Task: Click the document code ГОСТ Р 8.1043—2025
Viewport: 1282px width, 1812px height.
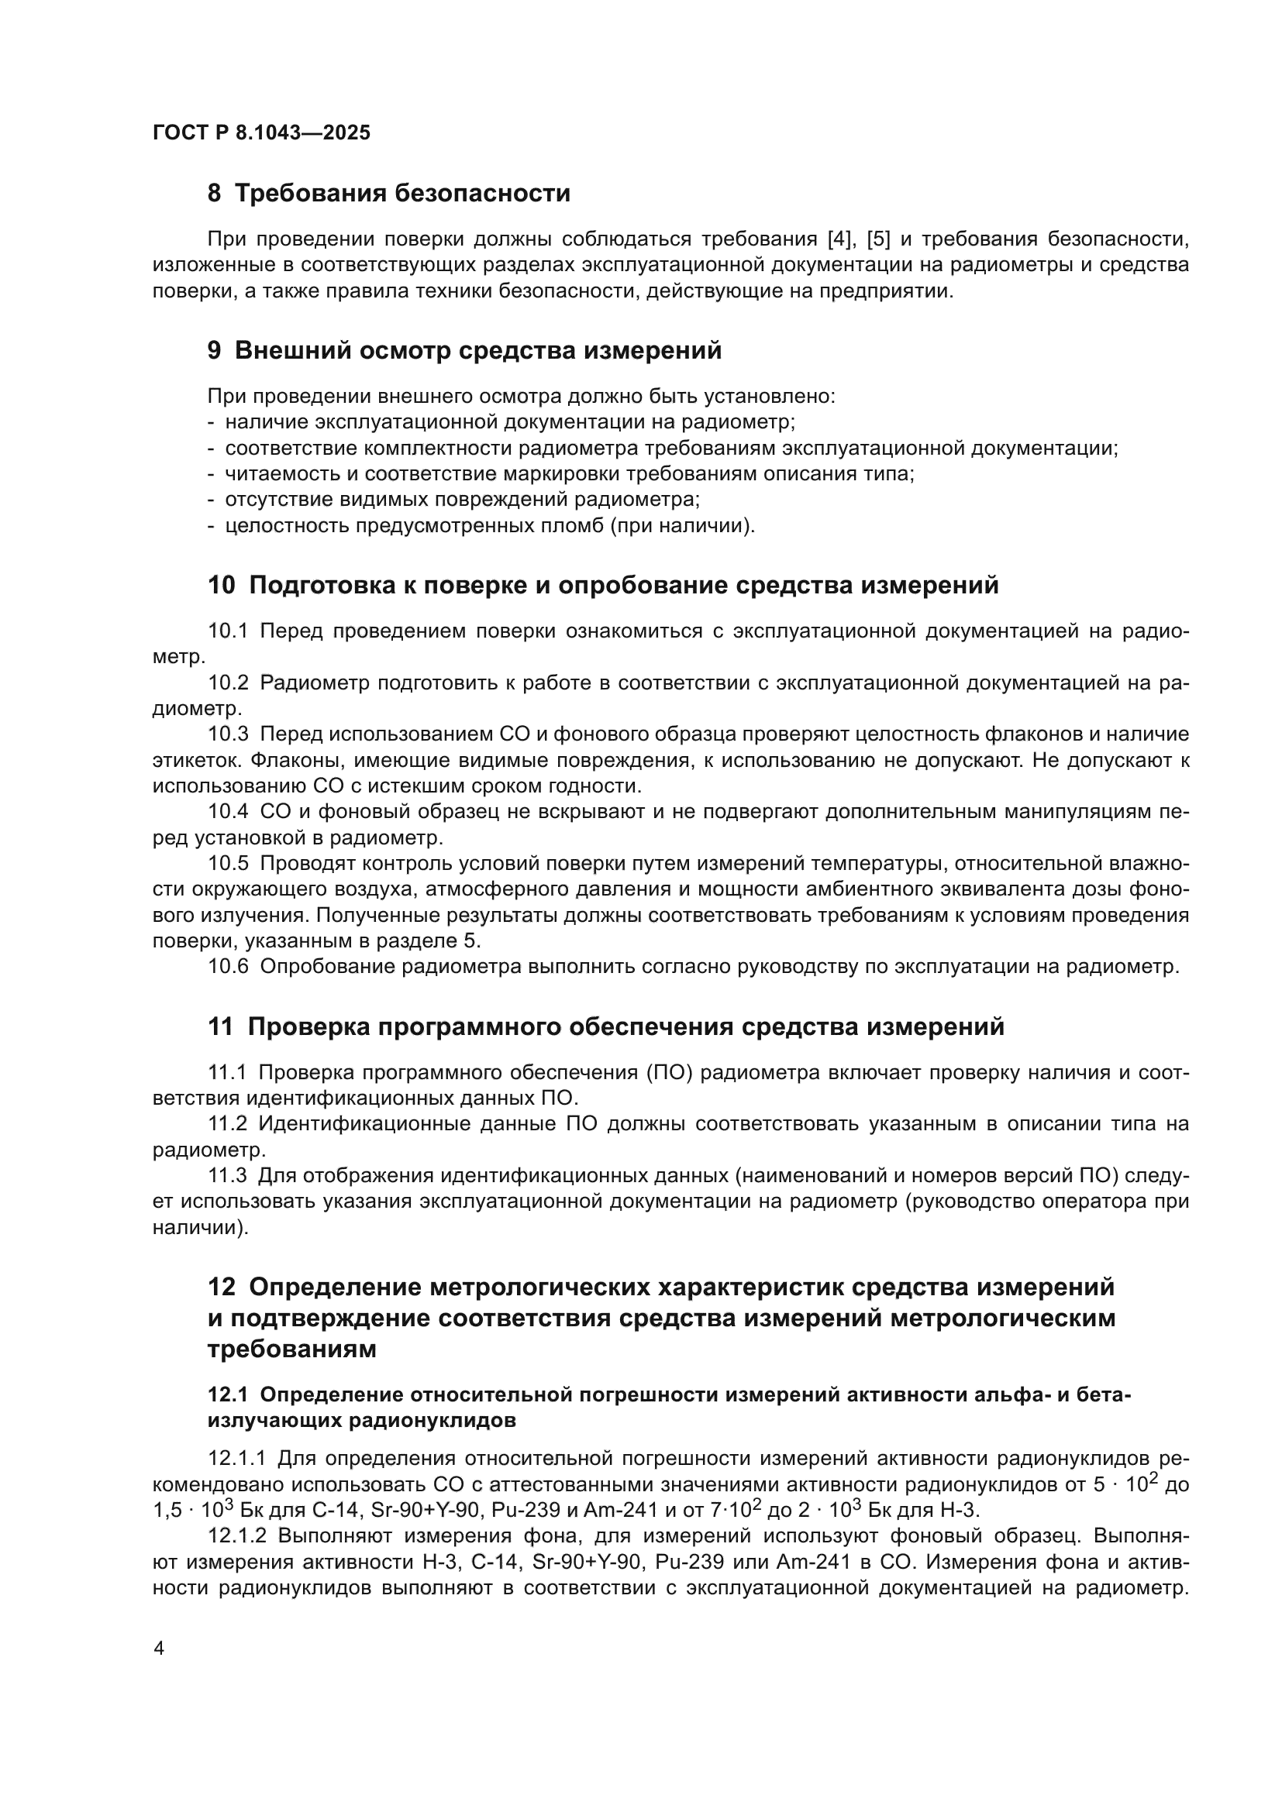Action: coord(261,132)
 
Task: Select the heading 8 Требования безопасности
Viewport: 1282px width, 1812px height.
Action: coord(388,193)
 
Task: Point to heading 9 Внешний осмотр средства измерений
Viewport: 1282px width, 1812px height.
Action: coord(464,350)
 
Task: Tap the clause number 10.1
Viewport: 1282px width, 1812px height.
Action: coord(227,631)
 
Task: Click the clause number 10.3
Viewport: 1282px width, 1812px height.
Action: coord(227,734)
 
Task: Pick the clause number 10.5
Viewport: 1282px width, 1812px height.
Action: coord(227,863)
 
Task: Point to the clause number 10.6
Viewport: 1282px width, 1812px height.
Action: coord(227,966)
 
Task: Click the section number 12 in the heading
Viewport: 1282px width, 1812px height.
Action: coord(221,1288)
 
